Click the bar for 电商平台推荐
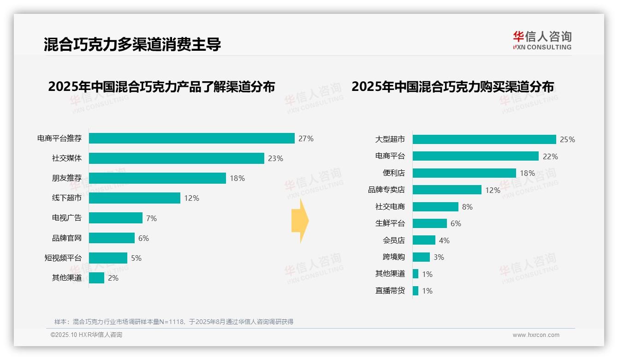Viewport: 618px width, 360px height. click(x=191, y=138)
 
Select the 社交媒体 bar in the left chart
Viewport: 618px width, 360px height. click(x=176, y=158)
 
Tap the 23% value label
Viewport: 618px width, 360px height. click(x=275, y=158)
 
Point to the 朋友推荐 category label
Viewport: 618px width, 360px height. click(x=66, y=178)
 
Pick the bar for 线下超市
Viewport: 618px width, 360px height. click(x=134, y=198)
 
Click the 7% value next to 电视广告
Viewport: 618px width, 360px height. click(x=151, y=218)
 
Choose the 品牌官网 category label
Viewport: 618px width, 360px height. click(x=66, y=238)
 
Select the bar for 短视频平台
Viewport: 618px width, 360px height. click(x=108, y=258)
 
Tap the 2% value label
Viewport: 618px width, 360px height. click(x=113, y=278)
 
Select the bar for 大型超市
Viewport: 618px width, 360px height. click(x=484, y=139)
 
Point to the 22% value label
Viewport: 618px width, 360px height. click(x=550, y=156)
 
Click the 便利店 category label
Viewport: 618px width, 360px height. click(x=393, y=173)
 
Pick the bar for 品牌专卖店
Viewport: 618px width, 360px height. click(x=447, y=190)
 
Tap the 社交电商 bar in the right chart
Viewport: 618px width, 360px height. click(x=435, y=207)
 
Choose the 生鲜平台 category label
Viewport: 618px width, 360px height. click(x=390, y=223)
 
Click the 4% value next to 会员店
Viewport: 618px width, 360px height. click(x=444, y=240)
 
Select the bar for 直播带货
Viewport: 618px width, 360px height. click(x=416, y=291)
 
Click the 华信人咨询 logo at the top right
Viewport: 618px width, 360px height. click(x=542, y=40)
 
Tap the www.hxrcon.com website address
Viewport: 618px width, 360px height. click(x=536, y=335)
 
